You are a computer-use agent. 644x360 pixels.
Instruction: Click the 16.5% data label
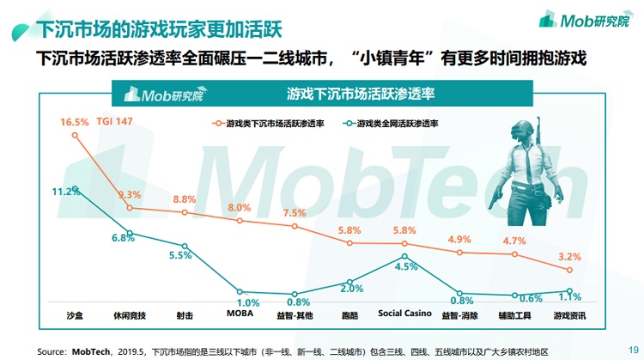tap(75, 122)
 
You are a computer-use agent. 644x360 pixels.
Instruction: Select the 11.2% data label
tap(65, 191)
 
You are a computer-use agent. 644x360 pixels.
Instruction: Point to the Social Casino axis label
tap(404, 314)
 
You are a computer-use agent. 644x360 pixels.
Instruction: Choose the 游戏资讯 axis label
tap(568, 315)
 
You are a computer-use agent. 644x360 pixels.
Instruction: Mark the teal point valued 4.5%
tap(404, 255)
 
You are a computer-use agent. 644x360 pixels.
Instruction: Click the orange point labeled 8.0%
tap(240, 221)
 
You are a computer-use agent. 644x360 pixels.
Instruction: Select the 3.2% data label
tap(570, 256)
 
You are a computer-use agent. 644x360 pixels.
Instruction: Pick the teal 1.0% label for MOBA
tap(247, 302)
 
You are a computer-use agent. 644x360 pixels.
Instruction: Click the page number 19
tap(634, 349)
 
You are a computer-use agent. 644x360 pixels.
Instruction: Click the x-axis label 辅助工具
tap(514, 315)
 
